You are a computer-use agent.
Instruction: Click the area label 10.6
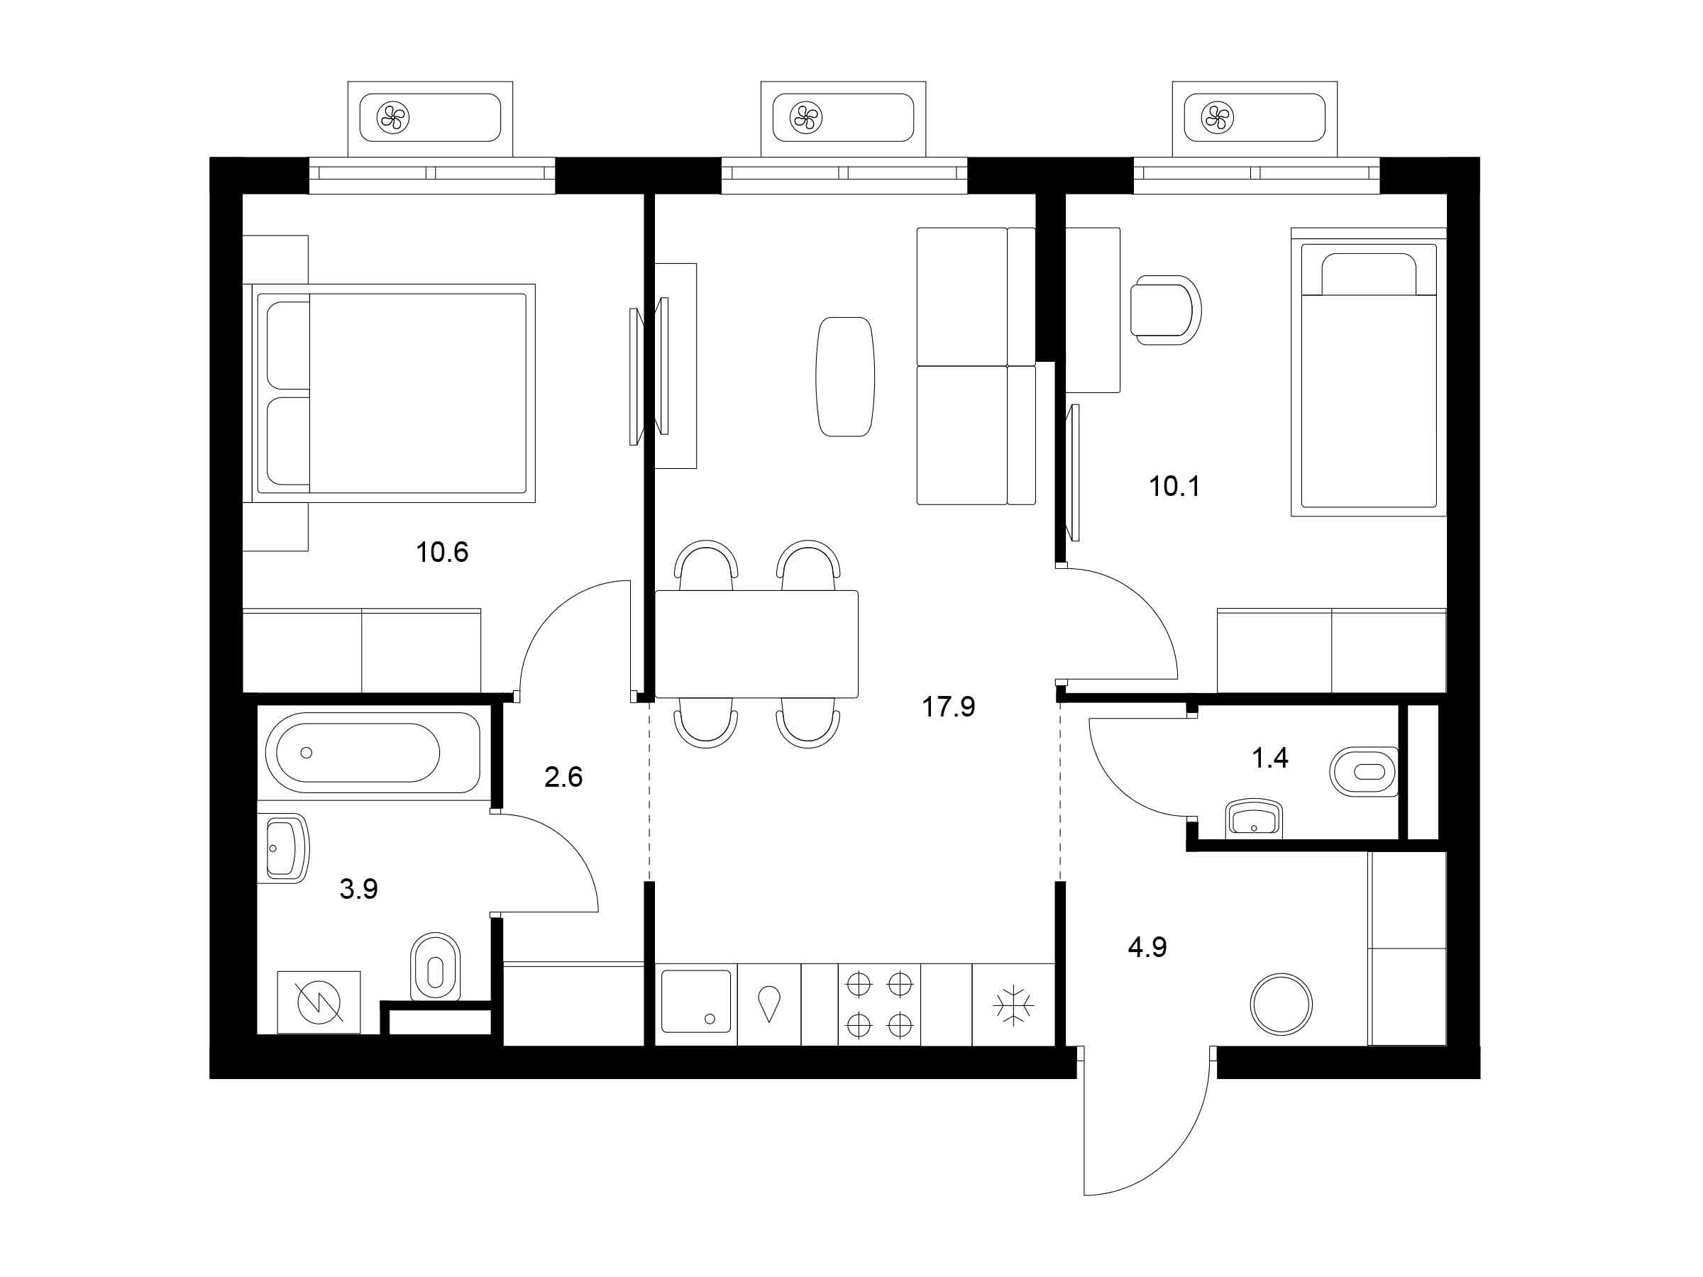(x=442, y=552)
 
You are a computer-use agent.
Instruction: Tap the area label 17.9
(x=949, y=706)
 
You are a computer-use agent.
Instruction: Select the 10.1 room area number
(x=1174, y=487)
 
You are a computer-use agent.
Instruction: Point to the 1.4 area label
(x=1269, y=758)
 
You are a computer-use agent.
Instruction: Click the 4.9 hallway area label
(x=1147, y=947)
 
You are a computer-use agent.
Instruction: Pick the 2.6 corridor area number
(x=563, y=778)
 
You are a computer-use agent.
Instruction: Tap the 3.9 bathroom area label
(x=359, y=889)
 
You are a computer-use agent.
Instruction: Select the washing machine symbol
(x=319, y=1002)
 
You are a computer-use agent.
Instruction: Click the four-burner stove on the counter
(x=879, y=1005)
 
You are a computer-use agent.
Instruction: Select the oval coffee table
(x=844, y=377)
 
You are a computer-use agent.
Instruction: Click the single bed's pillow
(x=1369, y=275)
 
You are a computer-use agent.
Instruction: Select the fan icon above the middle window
(x=805, y=118)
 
